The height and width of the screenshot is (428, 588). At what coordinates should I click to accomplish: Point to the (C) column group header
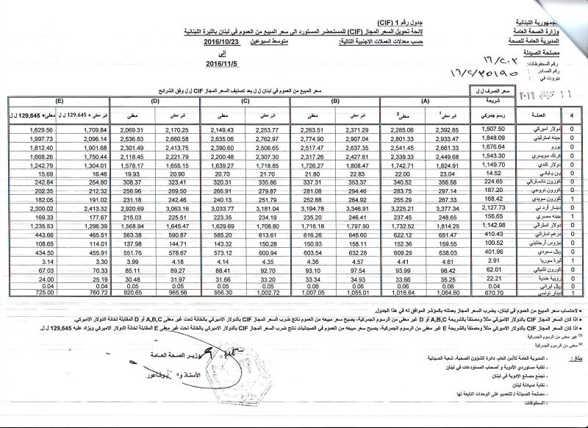(x=245, y=101)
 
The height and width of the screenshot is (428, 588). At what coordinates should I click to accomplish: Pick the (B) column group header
(x=335, y=101)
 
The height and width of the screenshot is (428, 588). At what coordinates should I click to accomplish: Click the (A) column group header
(x=426, y=101)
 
